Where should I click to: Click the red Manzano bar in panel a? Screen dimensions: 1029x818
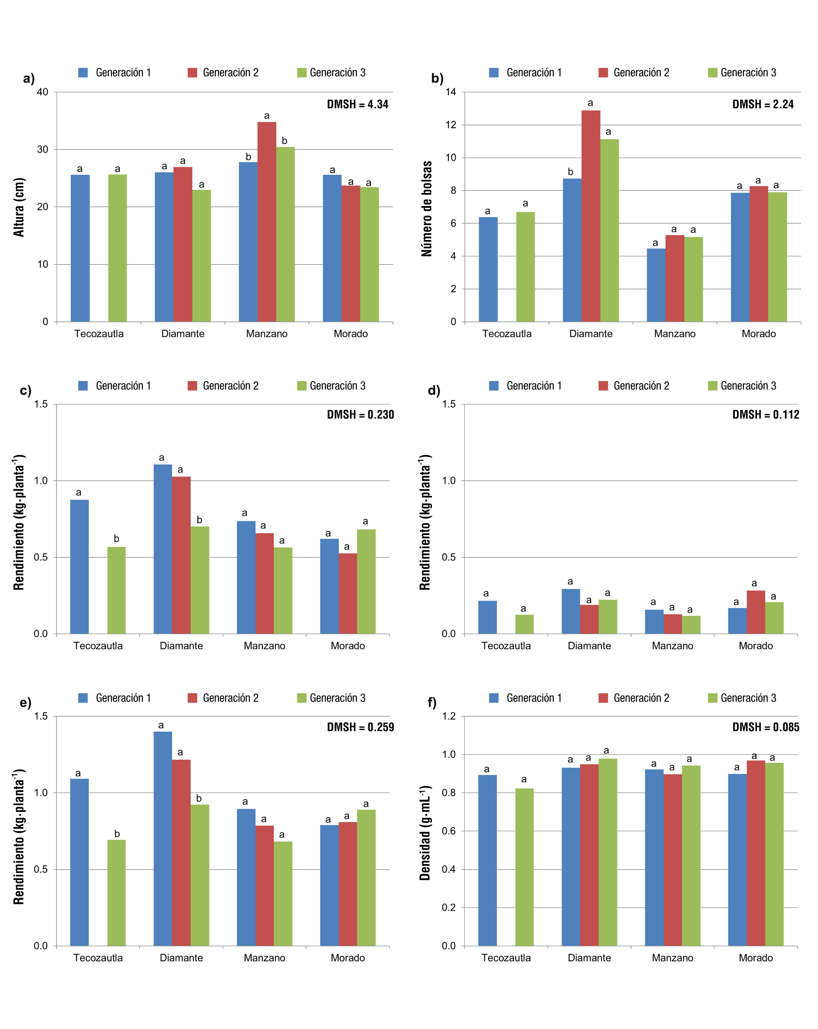click(x=266, y=221)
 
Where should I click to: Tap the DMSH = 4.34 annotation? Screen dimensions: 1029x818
click(x=358, y=104)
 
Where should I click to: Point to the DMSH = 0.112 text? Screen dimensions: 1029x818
click(x=765, y=414)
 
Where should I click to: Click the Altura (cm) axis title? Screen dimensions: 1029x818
click(x=19, y=207)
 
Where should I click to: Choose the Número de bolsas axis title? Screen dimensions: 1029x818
click(x=426, y=208)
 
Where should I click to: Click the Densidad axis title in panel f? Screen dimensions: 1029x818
click(x=425, y=832)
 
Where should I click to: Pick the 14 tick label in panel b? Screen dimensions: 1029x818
click(x=451, y=92)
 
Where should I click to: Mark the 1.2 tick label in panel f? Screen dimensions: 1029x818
click(x=449, y=716)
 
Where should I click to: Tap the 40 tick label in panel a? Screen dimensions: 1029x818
click(x=42, y=92)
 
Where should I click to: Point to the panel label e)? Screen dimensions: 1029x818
click(x=26, y=702)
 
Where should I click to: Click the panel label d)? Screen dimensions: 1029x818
click(x=434, y=390)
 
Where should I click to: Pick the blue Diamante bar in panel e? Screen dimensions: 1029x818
click(x=163, y=838)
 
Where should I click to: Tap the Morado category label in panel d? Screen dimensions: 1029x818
click(x=756, y=646)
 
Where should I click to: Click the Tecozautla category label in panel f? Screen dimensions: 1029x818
click(x=506, y=957)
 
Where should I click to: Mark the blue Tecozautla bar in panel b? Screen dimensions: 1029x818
click(x=488, y=269)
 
